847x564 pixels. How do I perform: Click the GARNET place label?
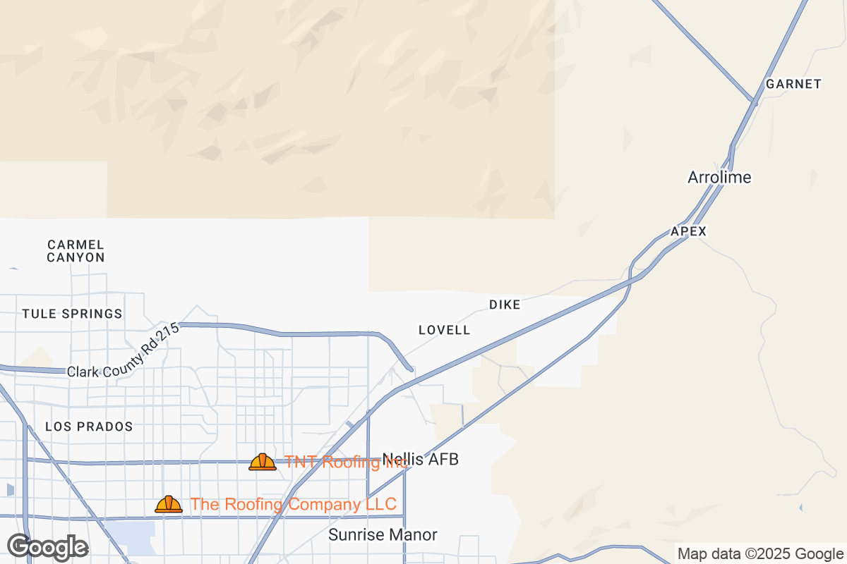pyautogui.click(x=793, y=84)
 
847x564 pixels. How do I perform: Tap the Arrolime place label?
pyautogui.click(x=719, y=177)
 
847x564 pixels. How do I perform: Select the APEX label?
pyautogui.click(x=688, y=231)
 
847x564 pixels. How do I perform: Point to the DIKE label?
pyautogui.click(x=505, y=305)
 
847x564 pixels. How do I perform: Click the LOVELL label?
pyautogui.click(x=444, y=330)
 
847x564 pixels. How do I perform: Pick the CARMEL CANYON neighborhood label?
pyautogui.click(x=76, y=251)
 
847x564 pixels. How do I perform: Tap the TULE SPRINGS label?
pyautogui.click(x=72, y=314)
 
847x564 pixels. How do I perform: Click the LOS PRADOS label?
pyautogui.click(x=89, y=427)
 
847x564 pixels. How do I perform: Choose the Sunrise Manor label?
pyautogui.click(x=383, y=535)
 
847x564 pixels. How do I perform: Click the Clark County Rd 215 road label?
pyautogui.click(x=124, y=351)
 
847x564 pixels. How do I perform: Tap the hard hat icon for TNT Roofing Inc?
pyautogui.click(x=263, y=462)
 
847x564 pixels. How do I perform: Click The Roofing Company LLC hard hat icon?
pyautogui.click(x=169, y=504)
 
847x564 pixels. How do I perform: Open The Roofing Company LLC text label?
pyautogui.click(x=293, y=504)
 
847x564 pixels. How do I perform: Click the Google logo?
pyautogui.click(x=48, y=547)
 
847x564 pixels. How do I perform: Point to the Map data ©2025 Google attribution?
pyautogui.click(x=760, y=553)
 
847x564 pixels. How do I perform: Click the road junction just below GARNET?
pyautogui.click(x=754, y=103)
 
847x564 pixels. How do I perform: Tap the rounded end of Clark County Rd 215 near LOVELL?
pyautogui.click(x=409, y=367)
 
